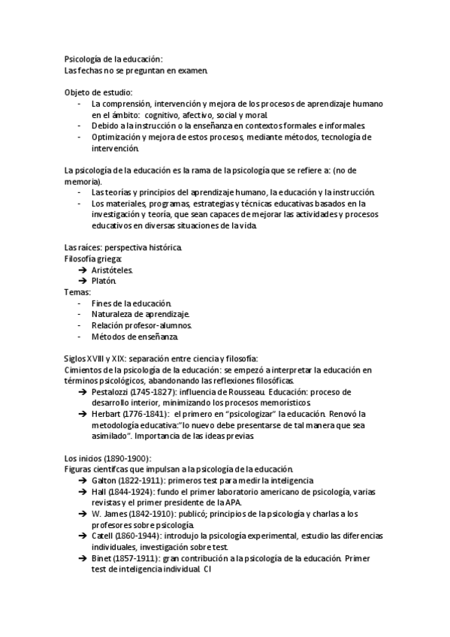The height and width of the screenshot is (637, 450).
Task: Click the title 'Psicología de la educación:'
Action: [x=113, y=59]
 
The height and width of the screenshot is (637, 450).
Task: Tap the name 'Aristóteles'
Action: [x=112, y=269]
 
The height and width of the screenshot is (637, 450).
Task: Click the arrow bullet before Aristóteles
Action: [x=82, y=269]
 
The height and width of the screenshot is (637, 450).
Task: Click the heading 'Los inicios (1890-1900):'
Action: [x=108, y=458]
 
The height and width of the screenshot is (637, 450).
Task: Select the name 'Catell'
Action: [x=104, y=536]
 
